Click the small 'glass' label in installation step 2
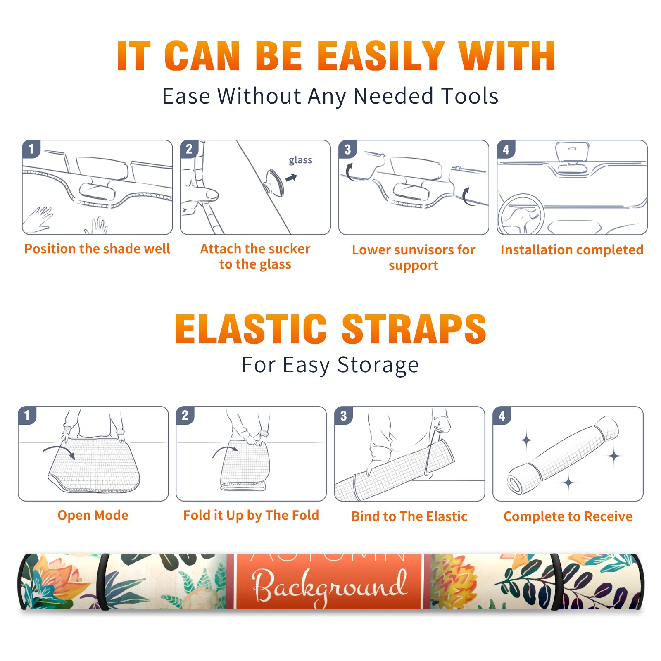tap(300, 160)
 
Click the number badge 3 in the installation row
tap(347, 149)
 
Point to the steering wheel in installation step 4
tap(521, 215)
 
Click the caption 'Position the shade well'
tap(97, 249)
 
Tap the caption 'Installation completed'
tap(572, 250)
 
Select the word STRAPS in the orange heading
tap(414, 329)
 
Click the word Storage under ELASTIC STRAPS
tap(378, 365)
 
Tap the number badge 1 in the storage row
tap(27, 415)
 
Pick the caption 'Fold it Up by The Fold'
tap(251, 515)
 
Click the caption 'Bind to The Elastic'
tap(409, 516)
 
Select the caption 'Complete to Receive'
tap(568, 516)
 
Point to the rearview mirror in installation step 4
tap(572, 153)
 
